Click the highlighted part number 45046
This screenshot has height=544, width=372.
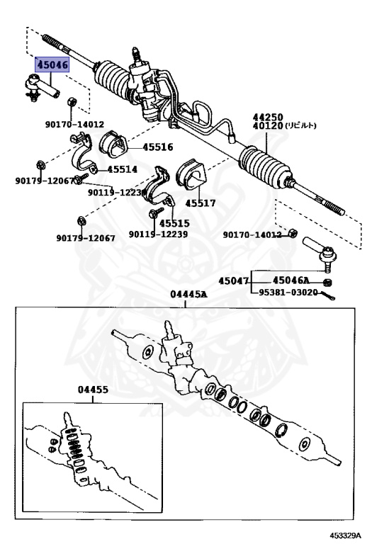tap(52, 65)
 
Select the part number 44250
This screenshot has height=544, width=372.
tap(268, 117)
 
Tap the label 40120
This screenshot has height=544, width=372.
tap(268, 125)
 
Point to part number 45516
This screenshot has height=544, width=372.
tap(158, 147)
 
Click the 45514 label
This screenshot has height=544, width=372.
tap(122, 169)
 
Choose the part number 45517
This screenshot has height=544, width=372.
tap(201, 203)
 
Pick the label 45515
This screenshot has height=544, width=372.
tap(174, 223)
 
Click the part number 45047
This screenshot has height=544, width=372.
tap(234, 280)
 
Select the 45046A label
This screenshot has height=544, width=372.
tap(291, 280)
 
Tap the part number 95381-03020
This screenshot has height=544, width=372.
tap(288, 293)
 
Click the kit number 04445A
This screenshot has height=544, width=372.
tap(188, 295)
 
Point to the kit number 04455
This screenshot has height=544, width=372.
tap(93, 390)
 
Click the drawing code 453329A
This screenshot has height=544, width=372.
tap(345, 535)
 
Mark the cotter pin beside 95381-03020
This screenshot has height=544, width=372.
tap(327, 295)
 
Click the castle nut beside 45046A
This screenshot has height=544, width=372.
tap(327, 283)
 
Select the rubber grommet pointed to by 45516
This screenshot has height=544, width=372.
tap(113, 144)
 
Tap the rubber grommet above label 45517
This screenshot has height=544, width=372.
tap(191, 174)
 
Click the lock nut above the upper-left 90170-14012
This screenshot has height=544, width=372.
tap(72, 102)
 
